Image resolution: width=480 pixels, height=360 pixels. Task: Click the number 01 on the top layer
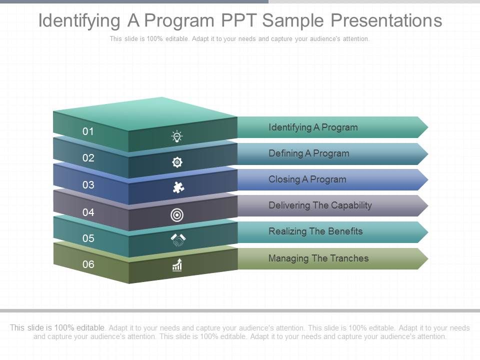point(88,131)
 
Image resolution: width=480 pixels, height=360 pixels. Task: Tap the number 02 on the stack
point(88,158)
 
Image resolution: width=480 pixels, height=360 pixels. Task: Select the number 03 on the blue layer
point(88,185)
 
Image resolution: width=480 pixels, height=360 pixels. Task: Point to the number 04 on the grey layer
point(88,212)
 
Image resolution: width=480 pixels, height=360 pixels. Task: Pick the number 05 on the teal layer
point(88,238)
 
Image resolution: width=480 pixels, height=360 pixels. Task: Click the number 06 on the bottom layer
point(88,264)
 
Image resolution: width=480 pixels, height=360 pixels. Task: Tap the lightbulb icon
point(177,136)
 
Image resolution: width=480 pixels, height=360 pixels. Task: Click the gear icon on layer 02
point(177,162)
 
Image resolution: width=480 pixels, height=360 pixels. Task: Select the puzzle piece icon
point(177,187)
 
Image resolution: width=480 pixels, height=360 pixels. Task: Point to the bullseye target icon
point(177,215)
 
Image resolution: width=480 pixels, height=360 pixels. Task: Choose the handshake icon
point(177,240)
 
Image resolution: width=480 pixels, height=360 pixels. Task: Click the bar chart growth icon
point(177,265)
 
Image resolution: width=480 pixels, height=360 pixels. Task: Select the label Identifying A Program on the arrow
point(313,127)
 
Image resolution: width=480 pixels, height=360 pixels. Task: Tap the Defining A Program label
point(308,153)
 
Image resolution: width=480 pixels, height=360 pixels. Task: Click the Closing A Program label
point(307,179)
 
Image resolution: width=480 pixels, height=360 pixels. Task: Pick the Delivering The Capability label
point(320,205)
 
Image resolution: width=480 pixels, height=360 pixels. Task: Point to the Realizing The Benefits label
point(315,231)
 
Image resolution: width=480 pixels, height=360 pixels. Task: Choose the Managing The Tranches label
point(318,258)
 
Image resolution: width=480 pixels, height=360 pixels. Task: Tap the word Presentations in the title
point(385,20)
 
